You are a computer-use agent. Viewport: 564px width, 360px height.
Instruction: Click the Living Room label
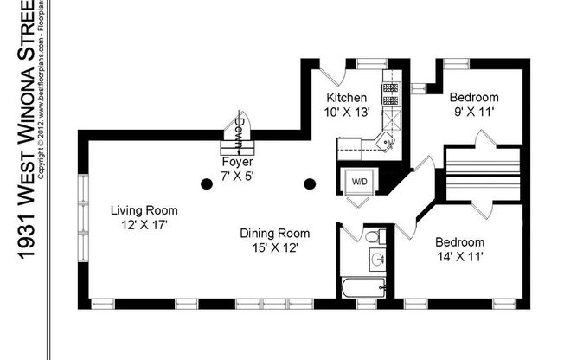[x=144, y=210]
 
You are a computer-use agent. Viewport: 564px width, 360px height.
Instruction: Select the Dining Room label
[x=275, y=233]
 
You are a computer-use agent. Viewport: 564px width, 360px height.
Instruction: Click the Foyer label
[x=237, y=162]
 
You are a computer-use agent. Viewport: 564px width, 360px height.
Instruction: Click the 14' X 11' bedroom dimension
[x=459, y=257]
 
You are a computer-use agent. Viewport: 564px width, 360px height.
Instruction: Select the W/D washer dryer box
[x=358, y=181]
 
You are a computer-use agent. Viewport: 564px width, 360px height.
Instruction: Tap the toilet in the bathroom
[x=374, y=235]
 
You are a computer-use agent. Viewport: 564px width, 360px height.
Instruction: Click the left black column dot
[x=206, y=183]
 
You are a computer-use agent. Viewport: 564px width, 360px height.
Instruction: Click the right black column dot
[x=310, y=183]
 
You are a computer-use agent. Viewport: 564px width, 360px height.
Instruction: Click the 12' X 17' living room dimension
[x=144, y=225]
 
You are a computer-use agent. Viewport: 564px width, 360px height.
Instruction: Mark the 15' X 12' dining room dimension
[x=275, y=248]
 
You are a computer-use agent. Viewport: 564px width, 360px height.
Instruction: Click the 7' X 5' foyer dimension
[x=237, y=176]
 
